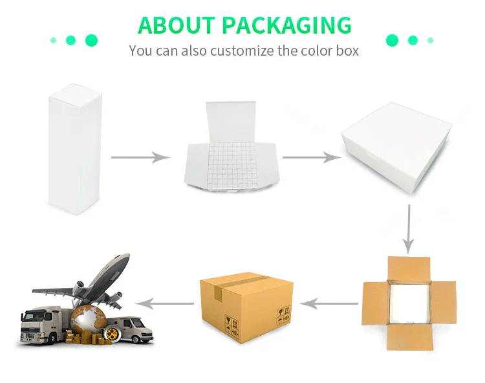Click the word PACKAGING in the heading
tap(286, 25)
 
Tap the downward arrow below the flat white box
tap(408, 229)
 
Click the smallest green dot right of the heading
tap(431, 40)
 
